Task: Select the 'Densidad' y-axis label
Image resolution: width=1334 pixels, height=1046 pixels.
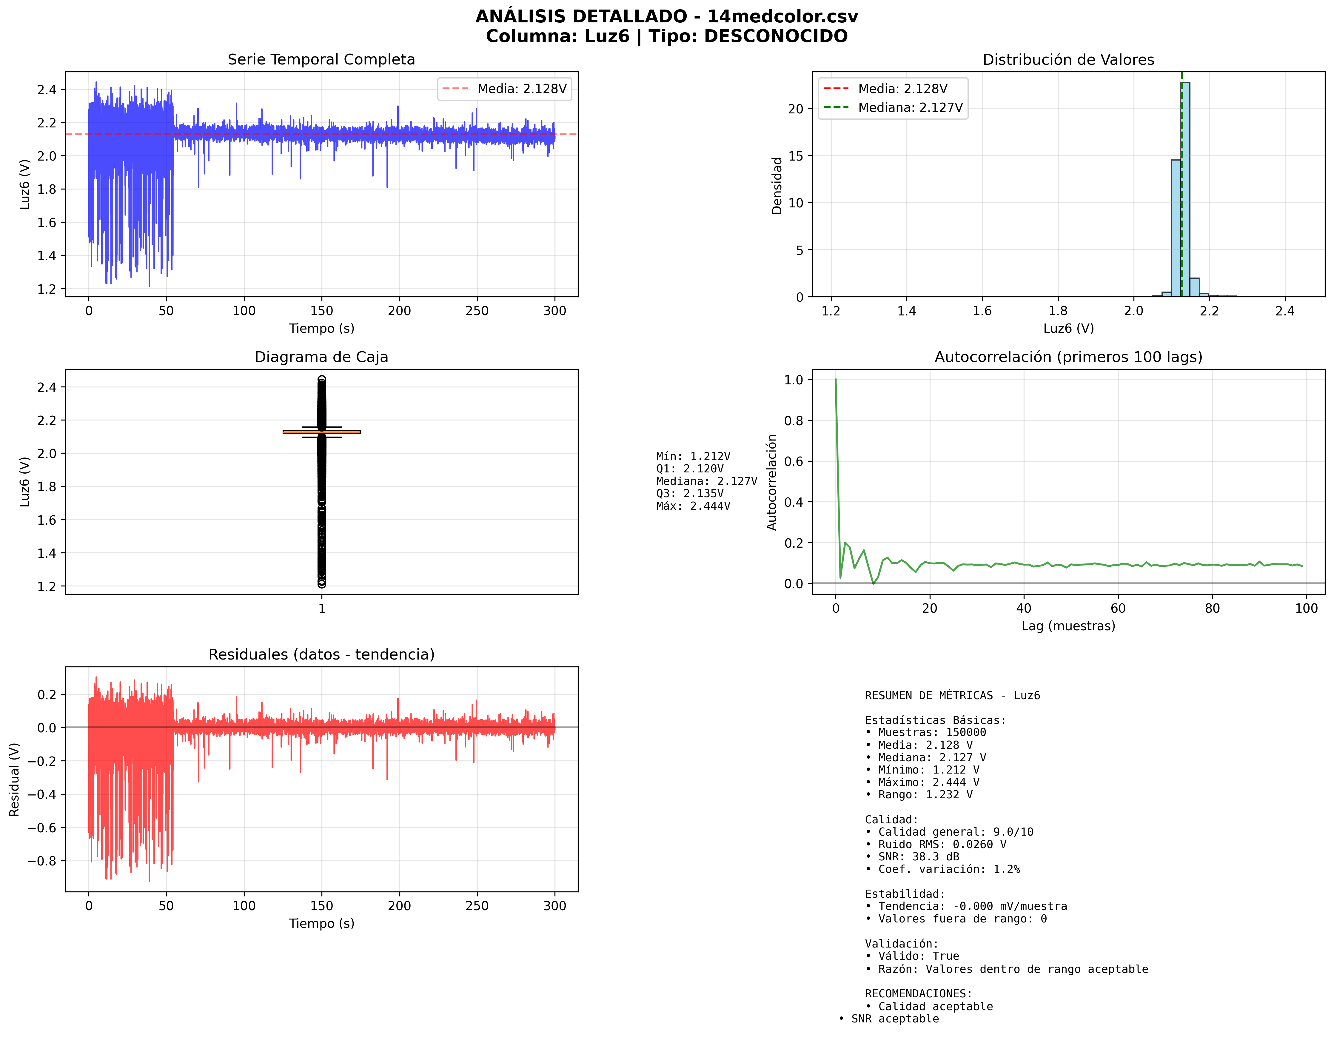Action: pos(777,186)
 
